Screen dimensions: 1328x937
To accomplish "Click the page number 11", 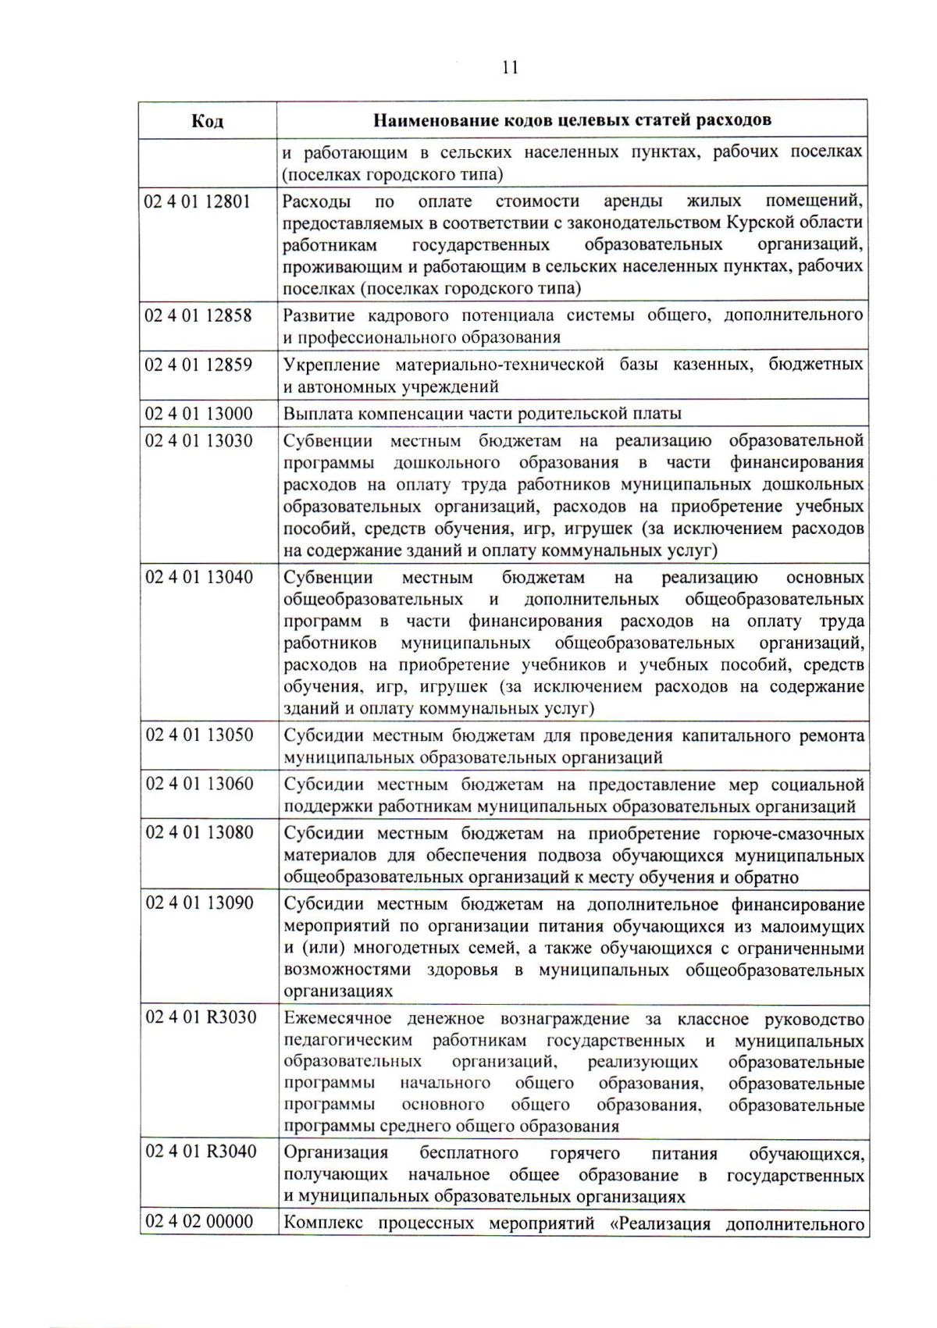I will click(x=510, y=67).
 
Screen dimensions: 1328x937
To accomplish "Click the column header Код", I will click(x=207, y=120).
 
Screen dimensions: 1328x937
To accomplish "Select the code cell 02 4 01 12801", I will click(x=198, y=202).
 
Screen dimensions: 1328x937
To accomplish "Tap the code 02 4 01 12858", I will click(x=198, y=315).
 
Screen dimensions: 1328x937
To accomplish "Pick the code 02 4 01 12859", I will click(x=198, y=365).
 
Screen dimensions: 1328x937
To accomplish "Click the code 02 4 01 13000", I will click(x=198, y=414).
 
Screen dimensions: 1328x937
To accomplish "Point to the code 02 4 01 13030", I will click(x=198, y=441).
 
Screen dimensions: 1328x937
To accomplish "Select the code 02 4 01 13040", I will click(x=198, y=578).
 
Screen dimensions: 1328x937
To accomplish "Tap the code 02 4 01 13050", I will click(x=198, y=735).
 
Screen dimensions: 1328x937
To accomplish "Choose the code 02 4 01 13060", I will click(x=198, y=784).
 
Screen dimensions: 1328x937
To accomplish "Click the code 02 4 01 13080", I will click(x=198, y=833).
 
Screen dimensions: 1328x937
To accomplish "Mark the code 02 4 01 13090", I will click(x=198, y=904).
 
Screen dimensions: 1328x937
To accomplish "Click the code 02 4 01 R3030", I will click(x=200, y=1018).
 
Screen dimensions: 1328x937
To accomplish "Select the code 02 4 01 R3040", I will click(x=200, y=1152).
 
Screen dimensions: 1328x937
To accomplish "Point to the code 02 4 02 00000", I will click(x=198, y=1222).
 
